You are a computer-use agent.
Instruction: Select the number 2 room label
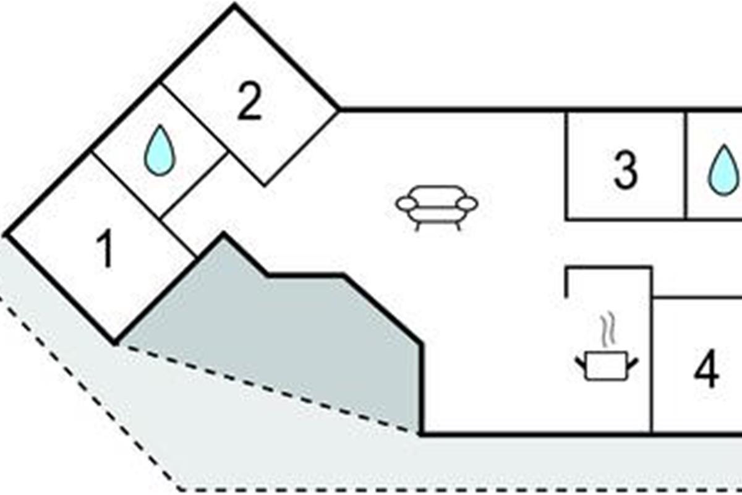click(x=249, y=103)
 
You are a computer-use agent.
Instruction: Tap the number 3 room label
click(x=625, y=170)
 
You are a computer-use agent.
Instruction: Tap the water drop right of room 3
click(x=723, y=170)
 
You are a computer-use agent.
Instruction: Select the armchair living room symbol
click(x=437, y=206)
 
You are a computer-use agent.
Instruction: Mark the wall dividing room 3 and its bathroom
click(x=685, y=165)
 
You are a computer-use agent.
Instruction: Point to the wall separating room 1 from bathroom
click(x=127, y=184)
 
